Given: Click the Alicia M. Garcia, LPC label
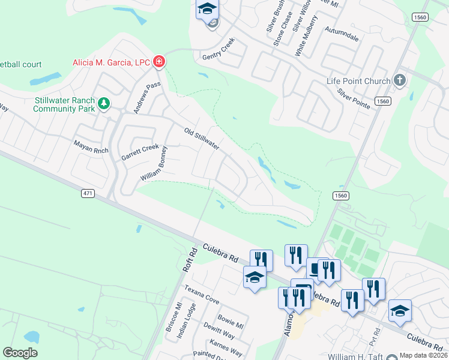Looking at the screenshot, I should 111,62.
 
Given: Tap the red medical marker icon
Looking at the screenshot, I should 159,61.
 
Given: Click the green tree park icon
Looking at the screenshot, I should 104,104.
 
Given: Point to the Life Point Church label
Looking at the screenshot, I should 358,81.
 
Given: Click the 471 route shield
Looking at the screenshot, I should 88,193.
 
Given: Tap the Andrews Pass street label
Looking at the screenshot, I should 147,98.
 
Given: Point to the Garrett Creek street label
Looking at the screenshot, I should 140,152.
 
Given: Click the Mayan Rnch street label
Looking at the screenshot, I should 91,147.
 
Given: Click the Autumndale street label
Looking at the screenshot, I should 342,34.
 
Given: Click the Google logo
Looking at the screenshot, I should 20,352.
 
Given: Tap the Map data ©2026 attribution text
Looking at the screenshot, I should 423,355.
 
